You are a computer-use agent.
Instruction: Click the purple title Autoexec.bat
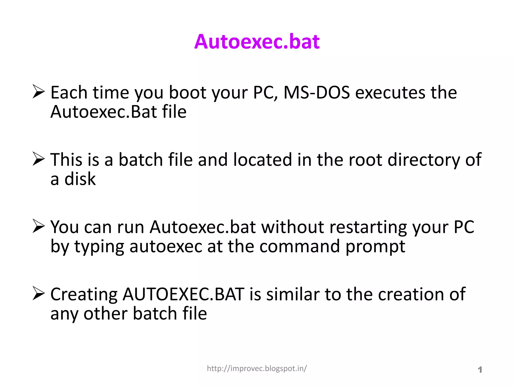[257, 41]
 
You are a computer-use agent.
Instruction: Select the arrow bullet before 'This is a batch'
[39, 159]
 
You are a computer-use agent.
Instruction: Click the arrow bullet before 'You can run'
[39, 226]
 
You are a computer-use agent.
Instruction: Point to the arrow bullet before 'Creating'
[39, 294]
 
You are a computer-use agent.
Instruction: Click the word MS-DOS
[316, 92]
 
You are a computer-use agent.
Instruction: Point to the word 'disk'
[80, 179]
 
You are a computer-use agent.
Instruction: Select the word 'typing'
[99, 247]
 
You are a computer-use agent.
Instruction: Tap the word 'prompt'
[375, 247]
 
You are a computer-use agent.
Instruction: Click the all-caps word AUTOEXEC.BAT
[183, 294]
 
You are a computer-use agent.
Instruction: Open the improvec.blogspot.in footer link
[257, 368]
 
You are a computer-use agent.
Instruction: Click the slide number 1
[480, 370]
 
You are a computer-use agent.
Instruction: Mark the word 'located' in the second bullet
[263, 160]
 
